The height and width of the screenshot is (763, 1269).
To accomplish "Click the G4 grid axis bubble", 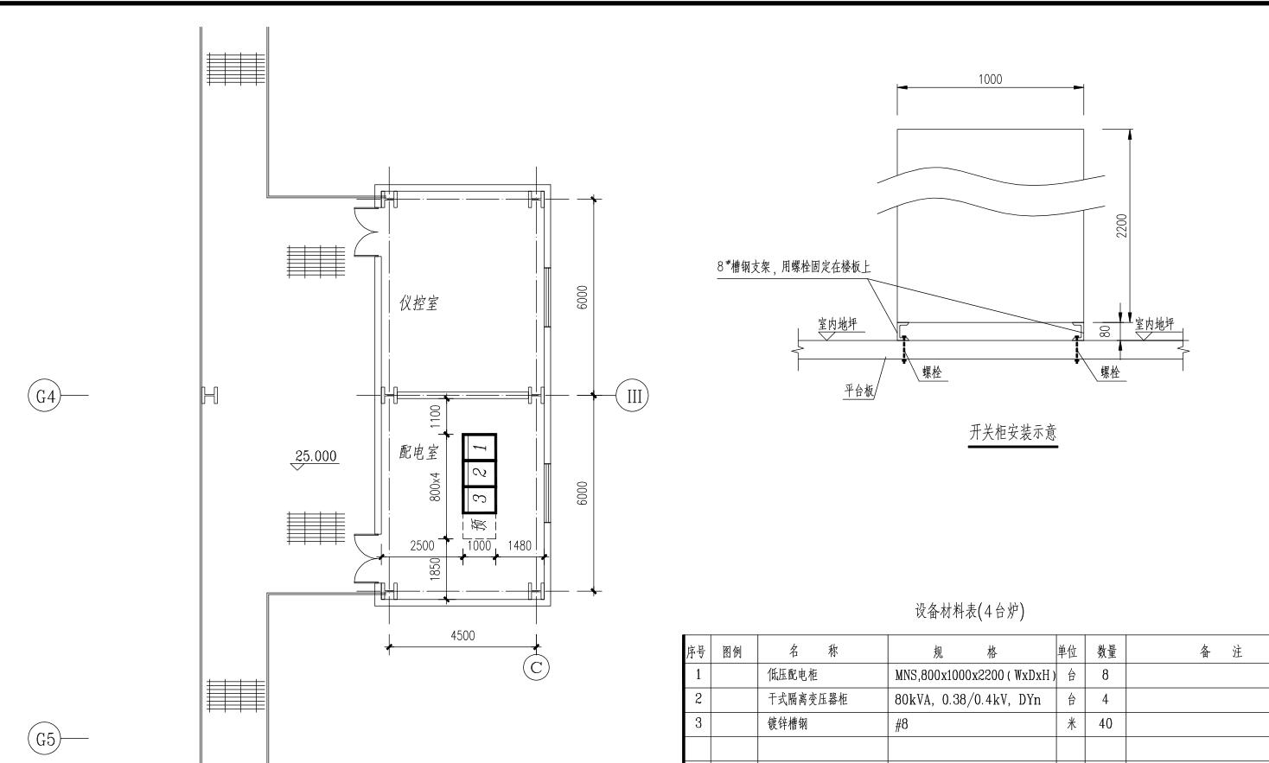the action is tap(44, 396).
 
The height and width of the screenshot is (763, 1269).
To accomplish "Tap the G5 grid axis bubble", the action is tap(44, 739).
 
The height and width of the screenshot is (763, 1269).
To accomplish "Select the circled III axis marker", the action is tap(632, 396).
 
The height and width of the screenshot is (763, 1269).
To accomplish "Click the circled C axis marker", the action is tap(536, 667).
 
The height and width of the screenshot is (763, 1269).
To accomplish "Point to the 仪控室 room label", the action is tap(418, 303).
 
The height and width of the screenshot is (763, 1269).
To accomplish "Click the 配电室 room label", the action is tap(418, 451).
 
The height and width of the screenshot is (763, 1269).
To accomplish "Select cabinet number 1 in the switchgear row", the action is tap(480, 448).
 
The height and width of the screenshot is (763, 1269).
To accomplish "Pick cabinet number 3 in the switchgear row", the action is tap(480, 499).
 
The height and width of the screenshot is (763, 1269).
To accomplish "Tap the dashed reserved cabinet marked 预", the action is tap(479, 526).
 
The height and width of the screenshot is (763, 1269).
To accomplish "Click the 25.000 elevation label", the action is tap(316, 456).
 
